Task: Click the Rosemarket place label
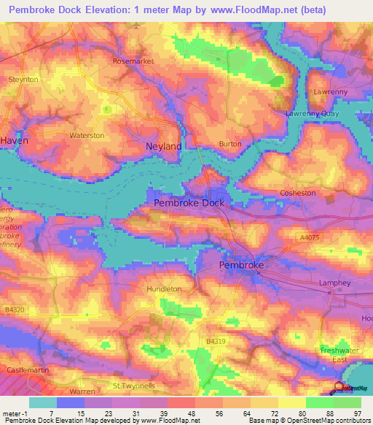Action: click(133, 61)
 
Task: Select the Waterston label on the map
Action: click(87, 136)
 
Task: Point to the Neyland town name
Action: click(164, 147)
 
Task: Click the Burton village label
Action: click(230, 144)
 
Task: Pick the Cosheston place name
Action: click(298, 193)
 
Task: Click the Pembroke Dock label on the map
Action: click(189, 203)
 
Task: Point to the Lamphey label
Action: click(335, 283)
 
